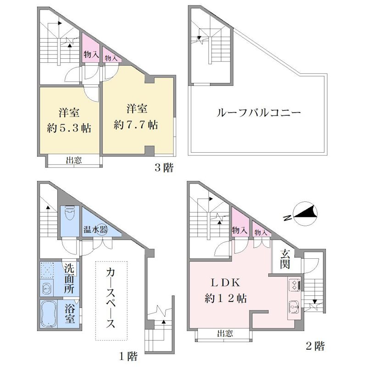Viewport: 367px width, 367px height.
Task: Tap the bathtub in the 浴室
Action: click(x=49, y=313)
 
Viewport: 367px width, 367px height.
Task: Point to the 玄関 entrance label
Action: click(x=285, y=259)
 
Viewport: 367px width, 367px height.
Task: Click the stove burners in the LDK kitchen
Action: click(x=295, y=285)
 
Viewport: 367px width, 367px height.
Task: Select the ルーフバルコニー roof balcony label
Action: click(x=259, y=113)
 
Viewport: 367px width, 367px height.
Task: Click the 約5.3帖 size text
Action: click(x=69, y=128)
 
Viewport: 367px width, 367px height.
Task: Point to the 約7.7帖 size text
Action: click(x=135, y=125)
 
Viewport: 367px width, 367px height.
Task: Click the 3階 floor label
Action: click(x=164, y=167)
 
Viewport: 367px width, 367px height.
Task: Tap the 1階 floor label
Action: click(x=128, y=356)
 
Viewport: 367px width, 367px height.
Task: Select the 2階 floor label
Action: click(x=316, y=346)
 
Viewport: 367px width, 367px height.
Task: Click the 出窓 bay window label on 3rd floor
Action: click(x=74, y=161)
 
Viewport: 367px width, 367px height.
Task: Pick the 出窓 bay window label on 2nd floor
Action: click(x=225, y=334)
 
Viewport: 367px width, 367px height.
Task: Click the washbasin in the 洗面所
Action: click(x=47, y=289)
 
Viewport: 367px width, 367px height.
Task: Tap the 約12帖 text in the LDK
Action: click(x=225, y=299)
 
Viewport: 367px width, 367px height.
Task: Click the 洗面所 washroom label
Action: click(x=69, y=279)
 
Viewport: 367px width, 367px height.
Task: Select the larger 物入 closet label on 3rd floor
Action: click(x=91, y=55)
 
